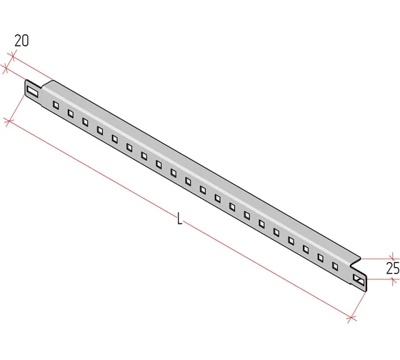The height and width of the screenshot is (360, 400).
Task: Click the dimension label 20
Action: coord(21,41)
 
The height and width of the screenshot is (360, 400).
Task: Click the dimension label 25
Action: coord(393,268)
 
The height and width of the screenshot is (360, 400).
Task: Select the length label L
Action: coord(180,219)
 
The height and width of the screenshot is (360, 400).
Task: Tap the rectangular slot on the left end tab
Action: coord(33,92)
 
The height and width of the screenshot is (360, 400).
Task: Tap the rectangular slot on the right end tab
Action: coord(359,280)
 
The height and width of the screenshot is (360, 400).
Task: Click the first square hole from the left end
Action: coord(56,105)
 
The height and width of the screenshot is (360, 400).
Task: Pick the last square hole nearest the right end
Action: coord(335,266)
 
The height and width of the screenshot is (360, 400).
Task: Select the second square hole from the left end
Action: coord(71,114)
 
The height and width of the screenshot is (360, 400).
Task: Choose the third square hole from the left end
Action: coord(85,121)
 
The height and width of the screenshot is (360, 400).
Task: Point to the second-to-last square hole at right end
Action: coord(321,258)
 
